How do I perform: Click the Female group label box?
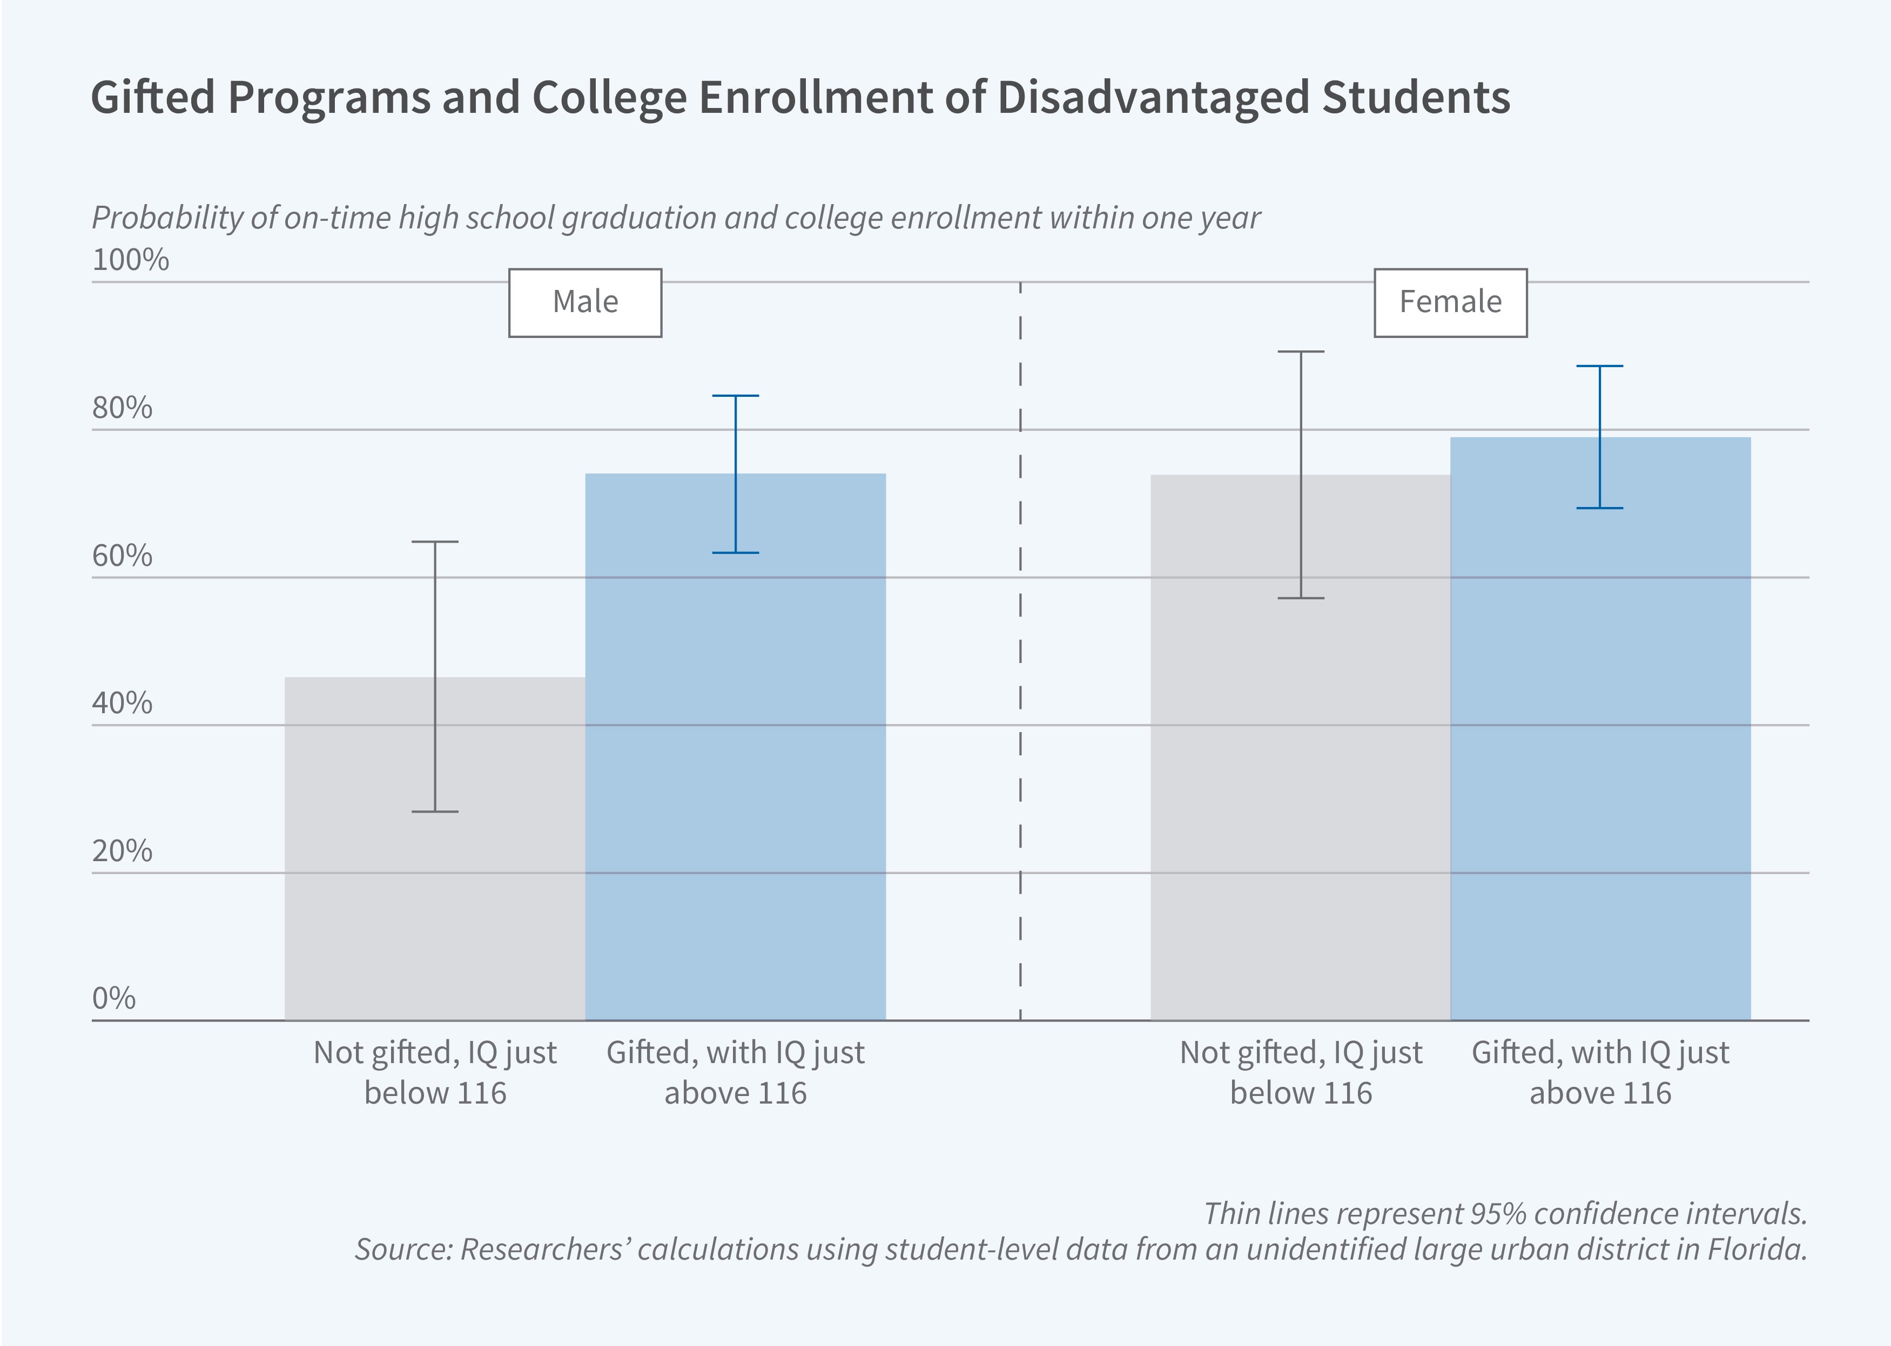pos(1450,302)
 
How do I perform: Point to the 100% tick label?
pos(130,260)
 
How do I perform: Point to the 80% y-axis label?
pos(122,408)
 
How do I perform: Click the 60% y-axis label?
pos(122,556)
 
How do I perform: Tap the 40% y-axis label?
pos(122,703)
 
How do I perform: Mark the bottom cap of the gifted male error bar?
pos(735,553)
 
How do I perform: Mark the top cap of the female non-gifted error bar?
pos(1300,351)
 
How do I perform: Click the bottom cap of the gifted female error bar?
pos(1599,508)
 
